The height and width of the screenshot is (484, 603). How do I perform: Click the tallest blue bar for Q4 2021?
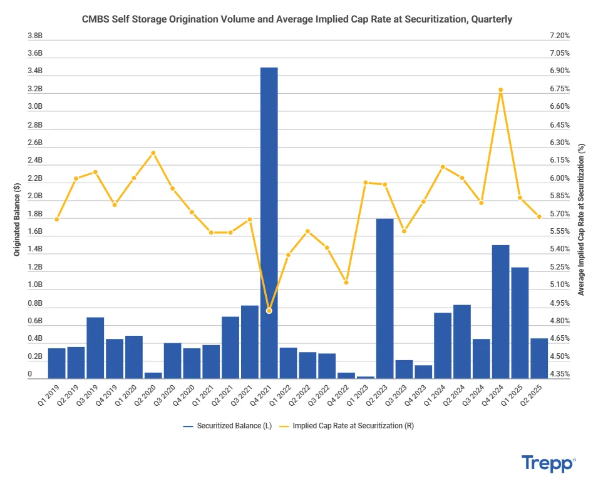[269, 222]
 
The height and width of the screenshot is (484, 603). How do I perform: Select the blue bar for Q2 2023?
[384, 298]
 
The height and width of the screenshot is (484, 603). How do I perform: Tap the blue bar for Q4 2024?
[500, 311]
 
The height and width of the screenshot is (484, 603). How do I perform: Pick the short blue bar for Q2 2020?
[153, 375]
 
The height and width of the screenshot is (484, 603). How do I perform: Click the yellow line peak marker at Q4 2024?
[500, 90]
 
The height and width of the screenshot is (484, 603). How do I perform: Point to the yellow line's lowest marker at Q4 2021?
[269, 311]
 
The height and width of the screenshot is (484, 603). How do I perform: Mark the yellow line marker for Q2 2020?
[153, 153]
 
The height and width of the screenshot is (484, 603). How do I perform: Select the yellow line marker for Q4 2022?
[346, 282]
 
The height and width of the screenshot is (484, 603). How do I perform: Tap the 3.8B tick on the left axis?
[34, 36]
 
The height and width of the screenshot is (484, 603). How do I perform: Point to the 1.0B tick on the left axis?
[34, 285]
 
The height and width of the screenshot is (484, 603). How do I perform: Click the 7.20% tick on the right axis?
[559, 36]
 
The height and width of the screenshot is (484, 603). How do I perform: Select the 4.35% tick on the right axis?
[559, 374]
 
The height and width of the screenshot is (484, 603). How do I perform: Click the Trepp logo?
[548, 463]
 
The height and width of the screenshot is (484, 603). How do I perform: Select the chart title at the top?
[297, 19]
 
